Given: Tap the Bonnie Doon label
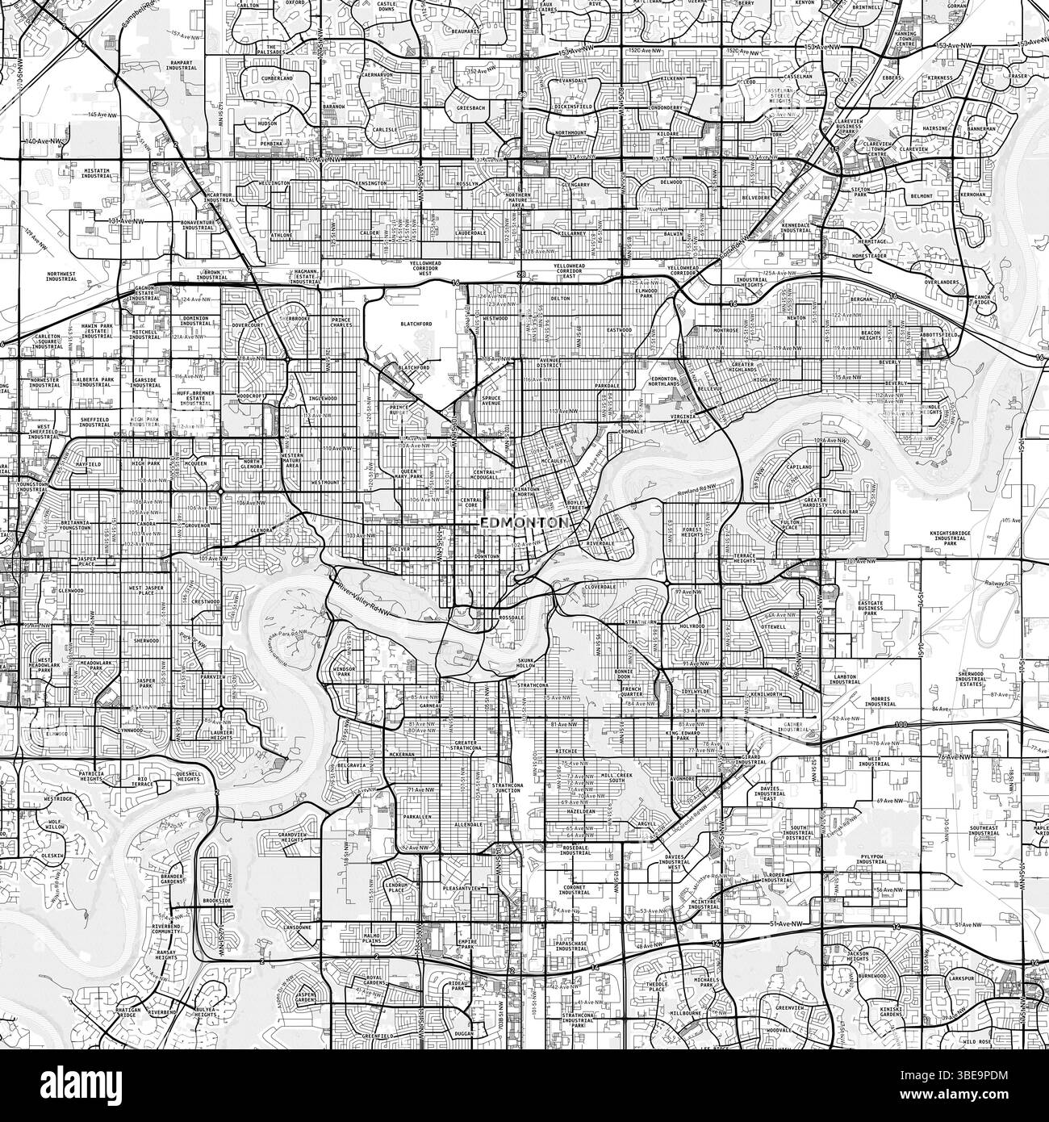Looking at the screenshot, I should coord(628,675).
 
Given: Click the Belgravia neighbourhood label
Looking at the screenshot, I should coord(352,763).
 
